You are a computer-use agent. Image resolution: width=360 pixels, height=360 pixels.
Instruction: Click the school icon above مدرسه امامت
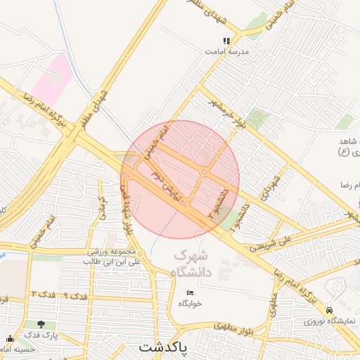point(226,41)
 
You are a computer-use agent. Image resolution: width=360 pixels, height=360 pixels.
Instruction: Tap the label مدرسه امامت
point(224,51)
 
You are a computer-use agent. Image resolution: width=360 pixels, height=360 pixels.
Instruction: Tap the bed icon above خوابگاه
point(190,292)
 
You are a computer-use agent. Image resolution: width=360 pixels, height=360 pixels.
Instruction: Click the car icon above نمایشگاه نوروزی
point(330,310)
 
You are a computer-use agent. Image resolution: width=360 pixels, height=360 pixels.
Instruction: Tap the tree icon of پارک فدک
point(41,325)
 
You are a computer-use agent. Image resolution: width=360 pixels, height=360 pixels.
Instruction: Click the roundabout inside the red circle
point(204,172)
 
